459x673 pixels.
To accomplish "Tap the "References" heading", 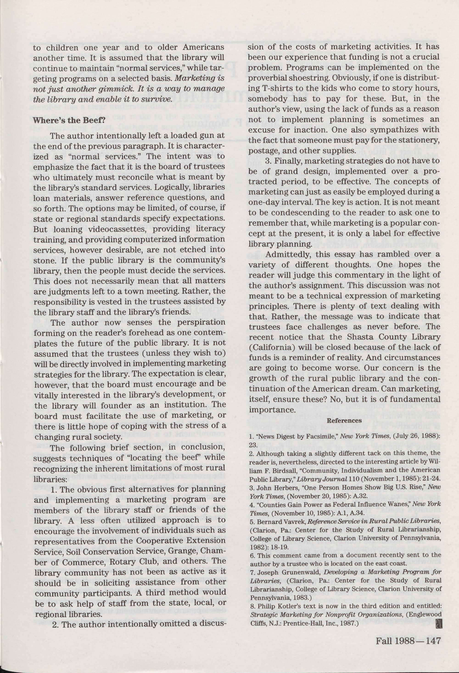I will pyautogui.click(x=344, y=420).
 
